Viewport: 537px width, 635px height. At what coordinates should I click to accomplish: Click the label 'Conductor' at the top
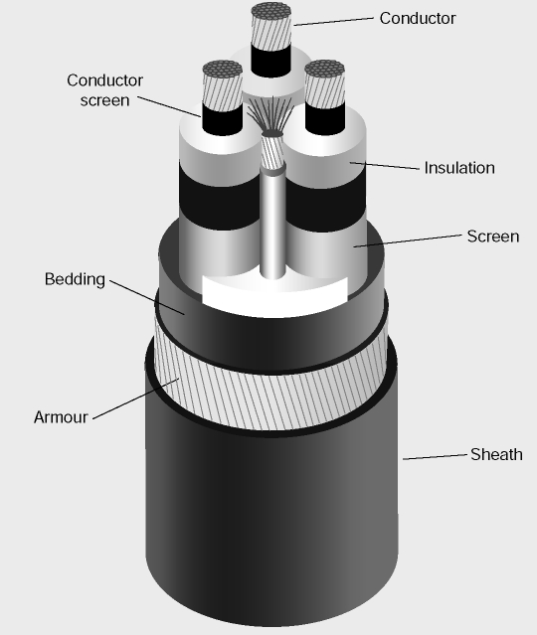(418, 18)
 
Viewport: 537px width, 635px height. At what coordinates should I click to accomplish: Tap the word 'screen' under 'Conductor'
(104, 100)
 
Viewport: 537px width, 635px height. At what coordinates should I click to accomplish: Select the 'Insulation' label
(459, 168)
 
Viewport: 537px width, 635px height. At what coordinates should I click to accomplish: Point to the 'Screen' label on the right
(493, 237)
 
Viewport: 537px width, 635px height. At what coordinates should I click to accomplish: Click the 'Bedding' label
(75, 279)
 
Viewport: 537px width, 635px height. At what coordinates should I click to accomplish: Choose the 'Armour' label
(61, 417)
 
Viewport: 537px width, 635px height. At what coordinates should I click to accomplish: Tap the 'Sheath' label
(496, 454)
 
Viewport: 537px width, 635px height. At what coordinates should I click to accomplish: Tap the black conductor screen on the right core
(325, 119)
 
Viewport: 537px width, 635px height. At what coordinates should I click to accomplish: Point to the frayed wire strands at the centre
(270, 115)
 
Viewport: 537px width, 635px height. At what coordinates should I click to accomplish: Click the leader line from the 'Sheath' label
(435, 457)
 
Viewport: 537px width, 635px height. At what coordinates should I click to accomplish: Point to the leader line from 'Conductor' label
(333, 22)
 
